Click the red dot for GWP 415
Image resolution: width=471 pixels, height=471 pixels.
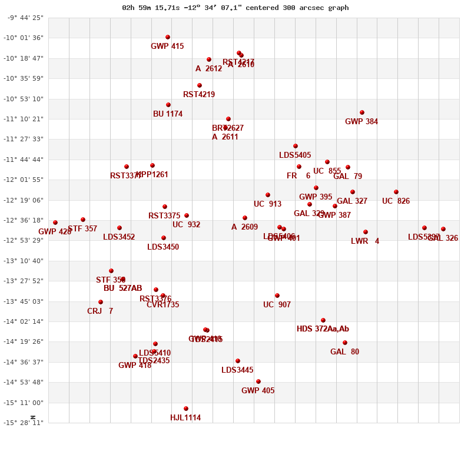coord(168,37)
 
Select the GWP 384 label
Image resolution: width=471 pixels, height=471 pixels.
coord(361,122)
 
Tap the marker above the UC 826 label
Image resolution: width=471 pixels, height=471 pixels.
coord(396,192)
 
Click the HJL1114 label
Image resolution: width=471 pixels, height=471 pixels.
coord(185,418)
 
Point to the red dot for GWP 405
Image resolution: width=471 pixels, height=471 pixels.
coord(258,382)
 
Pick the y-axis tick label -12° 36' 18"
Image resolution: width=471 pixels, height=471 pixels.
coord(25,220)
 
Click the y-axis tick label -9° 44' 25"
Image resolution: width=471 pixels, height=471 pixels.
coord(25,18)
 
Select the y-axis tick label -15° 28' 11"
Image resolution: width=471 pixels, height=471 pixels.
coord(25,423)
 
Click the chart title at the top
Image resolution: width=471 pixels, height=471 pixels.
coord(235,8)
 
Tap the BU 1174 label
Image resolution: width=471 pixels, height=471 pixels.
coord(168,114)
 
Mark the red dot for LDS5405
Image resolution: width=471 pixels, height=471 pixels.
coord(296,146)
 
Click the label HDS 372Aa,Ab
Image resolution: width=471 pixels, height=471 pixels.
coord(323,329)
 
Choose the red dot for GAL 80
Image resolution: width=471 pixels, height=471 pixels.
coord(345,343)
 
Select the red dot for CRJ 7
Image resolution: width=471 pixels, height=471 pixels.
coord(101,302)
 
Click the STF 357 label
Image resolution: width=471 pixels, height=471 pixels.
coord(82,229)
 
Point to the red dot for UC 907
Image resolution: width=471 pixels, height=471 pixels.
coord(277,296)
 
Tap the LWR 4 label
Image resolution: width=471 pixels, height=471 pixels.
coord(365,241)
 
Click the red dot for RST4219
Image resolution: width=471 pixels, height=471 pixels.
coord(200,85)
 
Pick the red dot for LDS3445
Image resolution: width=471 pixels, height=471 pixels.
coord(238,361)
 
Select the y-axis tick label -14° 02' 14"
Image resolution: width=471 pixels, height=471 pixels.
coord(25,321)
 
